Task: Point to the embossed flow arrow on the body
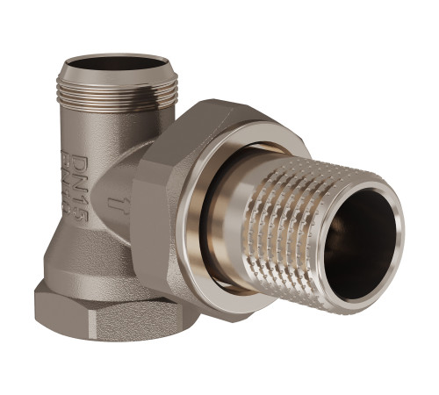(114, 204)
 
